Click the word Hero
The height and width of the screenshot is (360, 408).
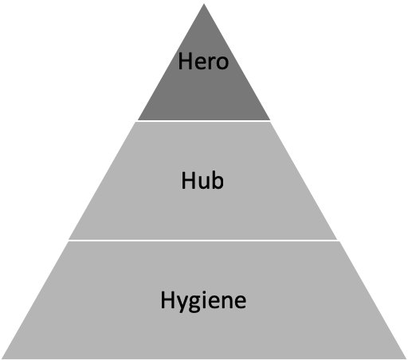tap(203, 61)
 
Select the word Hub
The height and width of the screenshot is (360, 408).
tap(202, 181)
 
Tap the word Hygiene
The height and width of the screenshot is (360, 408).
tap(203, 301)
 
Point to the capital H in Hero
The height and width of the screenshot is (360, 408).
tap(185, 61)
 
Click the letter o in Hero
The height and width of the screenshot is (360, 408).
tap(222, 64)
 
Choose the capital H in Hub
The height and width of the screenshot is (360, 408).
tap(188, 181)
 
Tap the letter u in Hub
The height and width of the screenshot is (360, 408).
tap(203, 182)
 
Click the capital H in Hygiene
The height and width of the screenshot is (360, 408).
tap(167, 299)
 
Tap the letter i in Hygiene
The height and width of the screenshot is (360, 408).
tap(205, 299)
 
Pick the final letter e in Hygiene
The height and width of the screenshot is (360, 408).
tap(241, 302)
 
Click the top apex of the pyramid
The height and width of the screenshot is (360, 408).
tap(204, 4)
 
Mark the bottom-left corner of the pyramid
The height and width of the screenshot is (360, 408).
tap(2, 358)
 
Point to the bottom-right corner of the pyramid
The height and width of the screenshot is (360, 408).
tap(406, 358)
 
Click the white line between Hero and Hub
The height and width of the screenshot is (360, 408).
tap(204, 121)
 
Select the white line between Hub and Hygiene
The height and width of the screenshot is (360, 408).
tap(204, 241)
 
